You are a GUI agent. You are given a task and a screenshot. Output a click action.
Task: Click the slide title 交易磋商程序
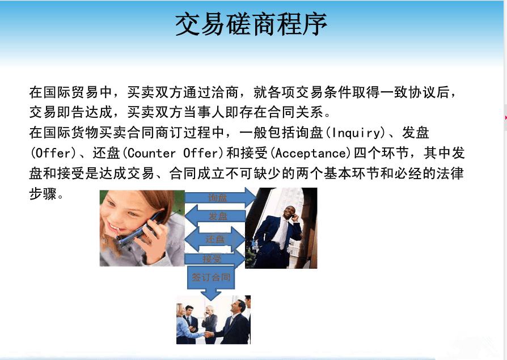tap(251, 24)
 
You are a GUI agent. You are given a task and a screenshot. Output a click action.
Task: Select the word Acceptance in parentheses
tap(311, 153)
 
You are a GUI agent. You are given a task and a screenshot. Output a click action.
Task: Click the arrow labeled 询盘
tap(221, 198)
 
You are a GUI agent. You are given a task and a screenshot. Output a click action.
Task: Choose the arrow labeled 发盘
tap(215, 216)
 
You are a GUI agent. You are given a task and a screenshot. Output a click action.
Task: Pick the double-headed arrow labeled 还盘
tap(215, 239)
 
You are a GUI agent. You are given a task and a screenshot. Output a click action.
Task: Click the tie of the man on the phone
tap(284, 234)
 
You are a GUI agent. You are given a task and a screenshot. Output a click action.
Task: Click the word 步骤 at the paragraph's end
tap(43, 194)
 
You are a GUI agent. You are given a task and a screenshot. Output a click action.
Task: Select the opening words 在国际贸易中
tap(70, 92)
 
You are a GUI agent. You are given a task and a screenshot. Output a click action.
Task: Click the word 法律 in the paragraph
tap(450, 173)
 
